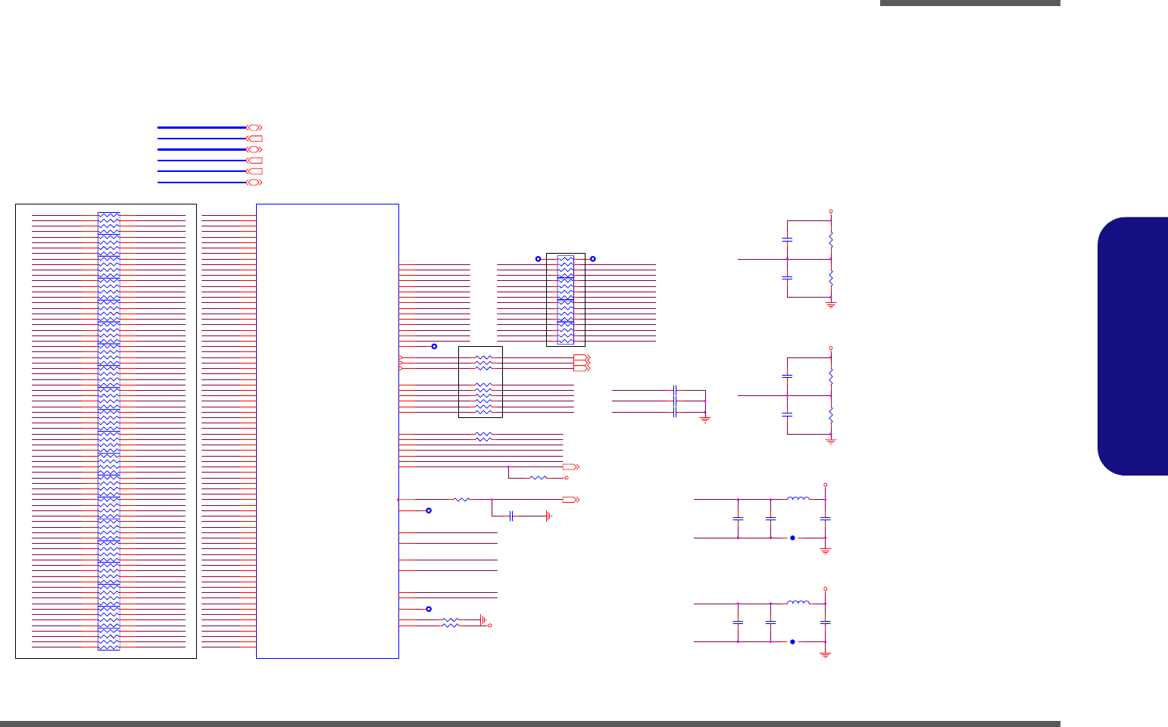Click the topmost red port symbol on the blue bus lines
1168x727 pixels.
tap(255, 128)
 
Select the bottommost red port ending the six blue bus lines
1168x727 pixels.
tap(255, 183)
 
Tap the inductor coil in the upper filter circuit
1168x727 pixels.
tap(798, 498)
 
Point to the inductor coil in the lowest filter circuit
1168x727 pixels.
tap(798, 603)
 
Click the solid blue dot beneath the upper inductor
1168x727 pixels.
tap(792, 538)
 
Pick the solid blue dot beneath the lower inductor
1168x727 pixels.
tap(792, 641)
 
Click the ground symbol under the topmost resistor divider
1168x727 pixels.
tap(831, 304)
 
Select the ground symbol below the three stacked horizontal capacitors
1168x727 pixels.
tap(705, 420)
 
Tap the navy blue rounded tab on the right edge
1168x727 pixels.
tap(1132, 346)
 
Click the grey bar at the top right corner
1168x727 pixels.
tap(970, 3)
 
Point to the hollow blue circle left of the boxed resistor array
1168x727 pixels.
tap(538, 259)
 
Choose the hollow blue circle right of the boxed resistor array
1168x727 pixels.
tap(592, 259)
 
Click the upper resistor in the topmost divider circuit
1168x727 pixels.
tap(831, 240)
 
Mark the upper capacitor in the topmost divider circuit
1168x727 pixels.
tap(787, 240)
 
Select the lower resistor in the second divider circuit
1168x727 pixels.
tap(831, 415)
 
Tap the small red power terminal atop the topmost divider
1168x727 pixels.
tap(831, 212)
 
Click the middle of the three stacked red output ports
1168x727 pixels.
tap(581, 363)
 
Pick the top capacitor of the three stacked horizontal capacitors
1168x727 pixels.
tap(674, 390)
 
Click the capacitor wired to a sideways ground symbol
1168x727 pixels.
tap(512, 516)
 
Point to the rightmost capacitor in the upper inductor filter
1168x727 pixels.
tap(826, 519)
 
